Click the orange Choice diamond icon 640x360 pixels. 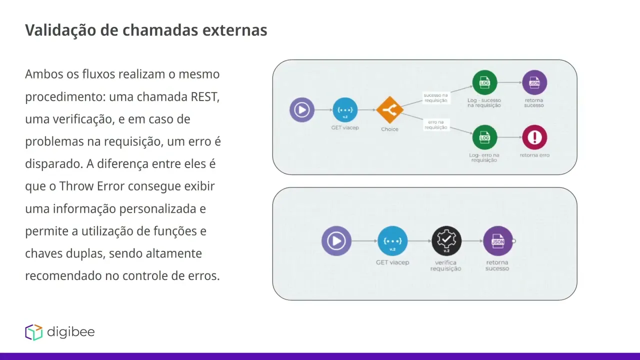pos(389,110)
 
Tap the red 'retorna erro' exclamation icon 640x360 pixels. pos(534,137)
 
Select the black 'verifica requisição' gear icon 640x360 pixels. pos(446,241)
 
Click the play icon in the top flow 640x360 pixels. pos(301,110)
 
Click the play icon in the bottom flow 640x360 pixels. pos(336,241)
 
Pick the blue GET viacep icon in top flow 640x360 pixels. pos(345,110)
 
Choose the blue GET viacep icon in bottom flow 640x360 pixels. pos(392,241)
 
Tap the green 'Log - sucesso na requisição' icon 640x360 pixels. pos(484,82)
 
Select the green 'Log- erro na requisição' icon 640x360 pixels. pos(484,137)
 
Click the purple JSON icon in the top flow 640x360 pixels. pos(534,82)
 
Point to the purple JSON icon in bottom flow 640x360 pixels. pos(498,241)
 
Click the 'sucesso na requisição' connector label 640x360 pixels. pos(435,98)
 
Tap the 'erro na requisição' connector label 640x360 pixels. pos(435,125)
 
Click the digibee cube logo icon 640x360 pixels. pos(34,332)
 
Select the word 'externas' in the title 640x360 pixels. pos(234,30)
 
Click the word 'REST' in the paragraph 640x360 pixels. pos(204,97)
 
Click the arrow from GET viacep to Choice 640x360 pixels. pos(367,110)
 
